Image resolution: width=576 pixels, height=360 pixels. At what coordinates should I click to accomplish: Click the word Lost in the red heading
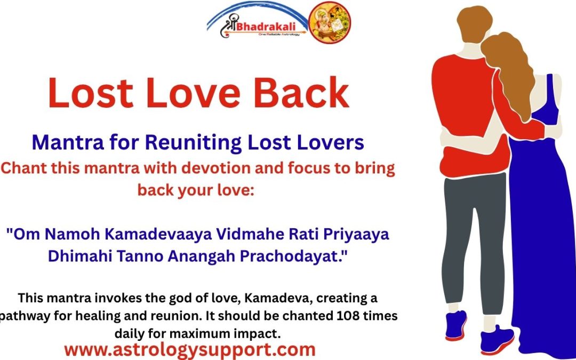point(85,93)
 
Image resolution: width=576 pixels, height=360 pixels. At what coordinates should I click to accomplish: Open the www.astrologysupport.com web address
point(189,350)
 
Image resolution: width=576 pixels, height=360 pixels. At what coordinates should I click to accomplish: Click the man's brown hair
point(465,27)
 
